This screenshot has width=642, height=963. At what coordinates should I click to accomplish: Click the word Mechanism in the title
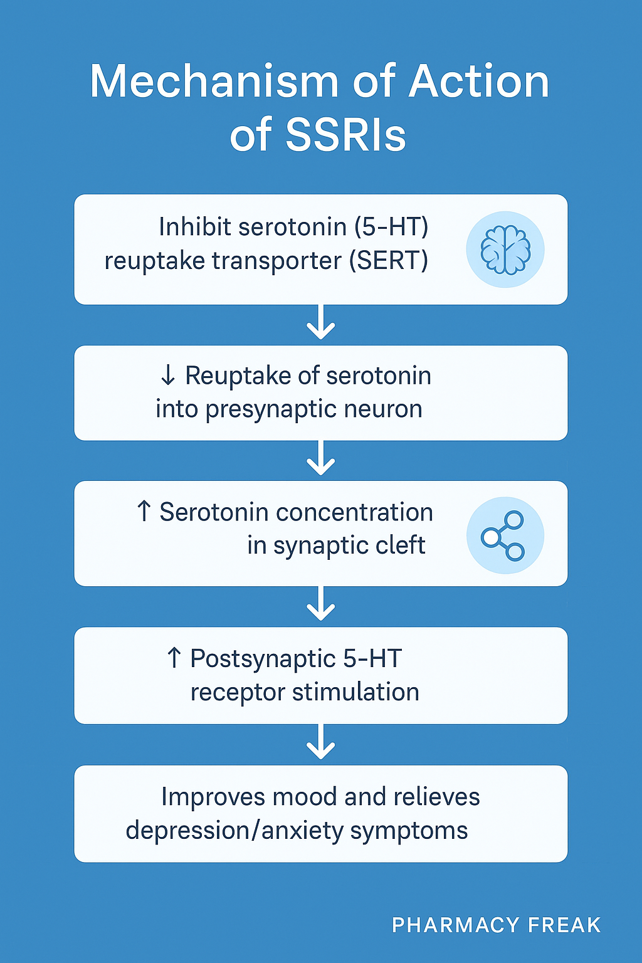point(214,82)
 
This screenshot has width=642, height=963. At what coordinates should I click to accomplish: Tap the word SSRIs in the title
point(345,135)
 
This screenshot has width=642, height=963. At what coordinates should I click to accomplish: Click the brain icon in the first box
point(505,250)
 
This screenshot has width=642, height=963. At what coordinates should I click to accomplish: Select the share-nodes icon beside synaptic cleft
point(503,535)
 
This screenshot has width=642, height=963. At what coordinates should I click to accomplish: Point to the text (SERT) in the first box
point(389,261)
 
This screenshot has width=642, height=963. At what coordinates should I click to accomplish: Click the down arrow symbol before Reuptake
point(167,376)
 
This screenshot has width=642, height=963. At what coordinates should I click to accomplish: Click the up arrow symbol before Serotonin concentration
point(144,512)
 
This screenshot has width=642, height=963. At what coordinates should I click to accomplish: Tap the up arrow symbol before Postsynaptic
point(174,658)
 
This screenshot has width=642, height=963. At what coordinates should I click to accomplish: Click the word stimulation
point(355,692)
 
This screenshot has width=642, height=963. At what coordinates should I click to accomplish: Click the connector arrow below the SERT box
point(321,322)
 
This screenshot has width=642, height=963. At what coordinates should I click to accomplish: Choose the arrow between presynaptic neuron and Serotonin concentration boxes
point(321,458)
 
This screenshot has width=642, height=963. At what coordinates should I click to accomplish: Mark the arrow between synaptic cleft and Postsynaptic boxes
point(321,604)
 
